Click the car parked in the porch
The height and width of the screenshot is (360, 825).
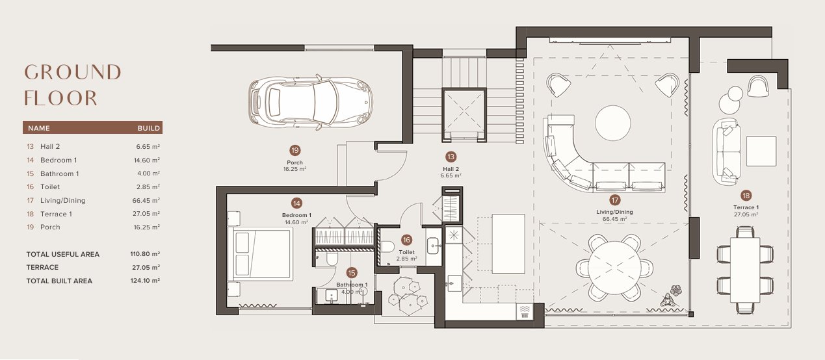pos(310,102)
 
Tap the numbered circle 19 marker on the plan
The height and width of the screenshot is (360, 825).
pos(295,150)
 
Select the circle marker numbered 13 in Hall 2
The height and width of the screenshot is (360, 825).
pos(451,157)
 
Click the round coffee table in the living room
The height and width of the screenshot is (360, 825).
pos(613,123)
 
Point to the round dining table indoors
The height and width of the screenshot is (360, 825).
pos(615,268)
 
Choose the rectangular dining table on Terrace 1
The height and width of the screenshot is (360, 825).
pos(745,270)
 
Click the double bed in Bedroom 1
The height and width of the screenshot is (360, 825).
pos(261,254)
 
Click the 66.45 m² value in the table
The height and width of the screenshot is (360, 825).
pos(146,200)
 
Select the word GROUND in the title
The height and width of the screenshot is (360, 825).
pos(73,72)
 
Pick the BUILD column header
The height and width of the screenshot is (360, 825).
pos(149,128)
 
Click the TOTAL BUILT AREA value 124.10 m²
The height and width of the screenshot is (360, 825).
pos(145,281)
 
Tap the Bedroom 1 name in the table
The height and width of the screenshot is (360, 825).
pos(59,160)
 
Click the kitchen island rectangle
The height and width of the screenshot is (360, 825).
pos(508,244)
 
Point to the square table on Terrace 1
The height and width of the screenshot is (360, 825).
pos(761,151)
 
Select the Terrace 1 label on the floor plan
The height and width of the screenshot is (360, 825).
pos(746,207)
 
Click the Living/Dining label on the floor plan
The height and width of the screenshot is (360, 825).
pos(615,212)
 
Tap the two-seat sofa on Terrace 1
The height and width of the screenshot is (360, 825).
pos(726,151)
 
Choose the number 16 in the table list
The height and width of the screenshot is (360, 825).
pos(30,187)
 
